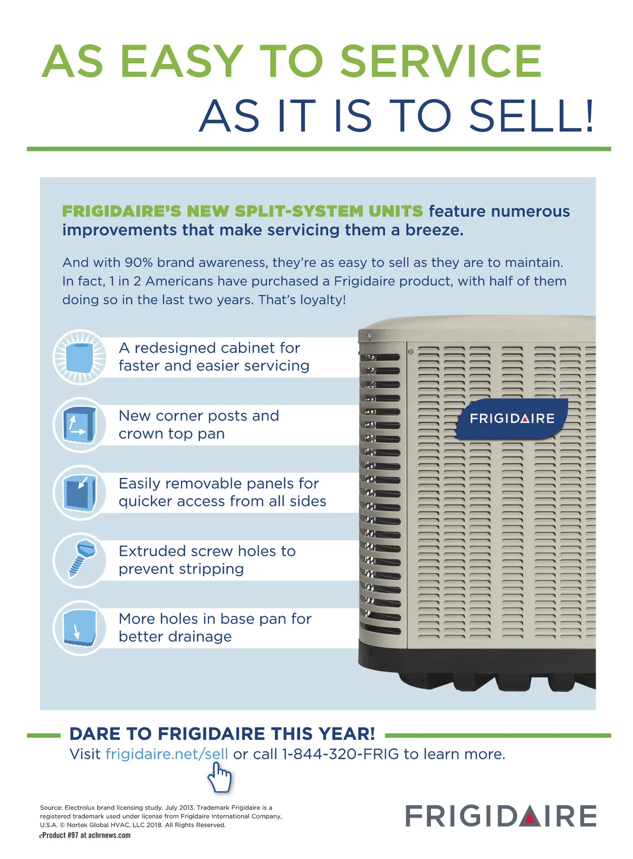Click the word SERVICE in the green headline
[440, 61]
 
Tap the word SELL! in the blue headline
[531, 116]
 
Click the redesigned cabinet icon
[79, 357]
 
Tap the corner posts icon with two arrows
[79, 425]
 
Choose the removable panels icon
[79, 492]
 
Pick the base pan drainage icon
[79, 628]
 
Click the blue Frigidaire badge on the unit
[512, 418]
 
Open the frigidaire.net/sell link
[167, 754]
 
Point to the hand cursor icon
[219, 777]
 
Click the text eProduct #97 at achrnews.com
[85, 835]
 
